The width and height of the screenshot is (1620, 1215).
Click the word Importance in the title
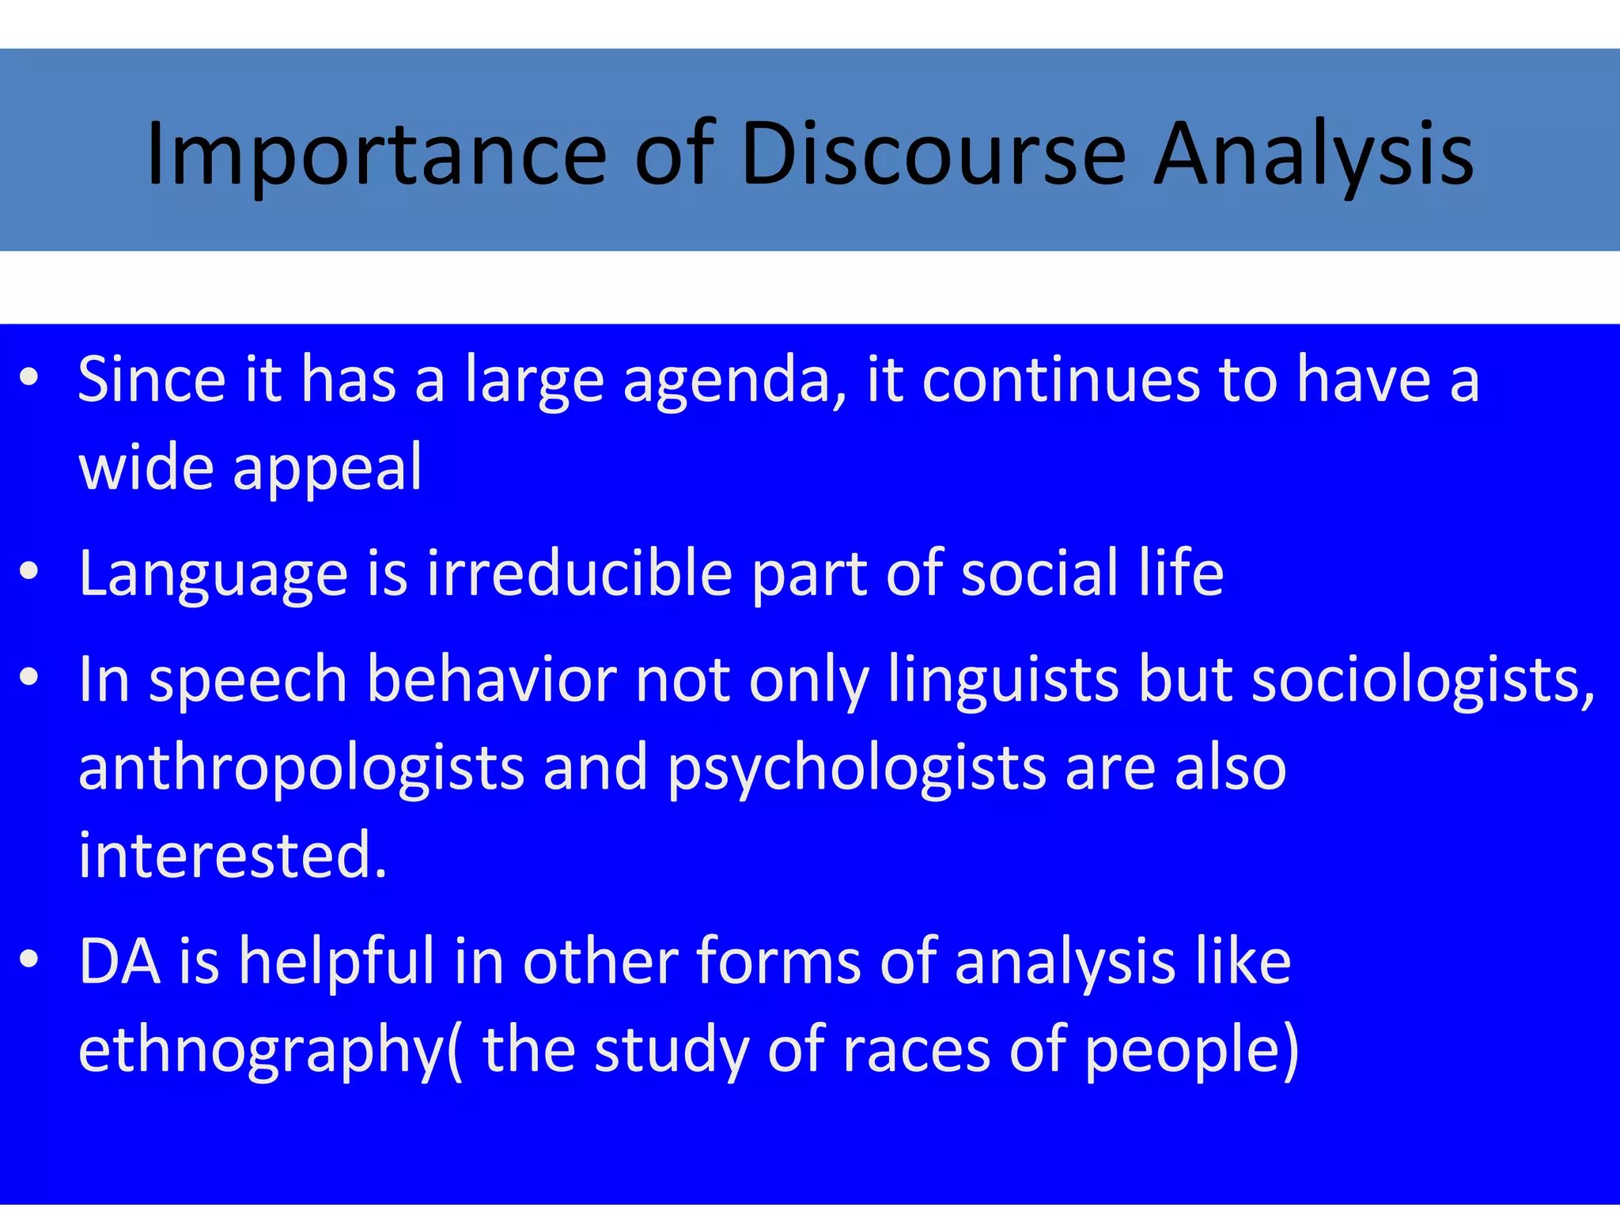(377, 154)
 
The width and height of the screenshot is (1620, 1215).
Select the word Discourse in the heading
(933, 154)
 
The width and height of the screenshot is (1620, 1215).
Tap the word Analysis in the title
(1313, 154)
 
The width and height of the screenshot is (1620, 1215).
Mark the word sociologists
(1423, 681)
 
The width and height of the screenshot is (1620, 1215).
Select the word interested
(233, 854)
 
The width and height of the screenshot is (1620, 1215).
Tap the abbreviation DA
(119, 960)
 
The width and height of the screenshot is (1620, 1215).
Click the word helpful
(337, 962)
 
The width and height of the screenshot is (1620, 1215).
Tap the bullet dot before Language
(29, 571)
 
